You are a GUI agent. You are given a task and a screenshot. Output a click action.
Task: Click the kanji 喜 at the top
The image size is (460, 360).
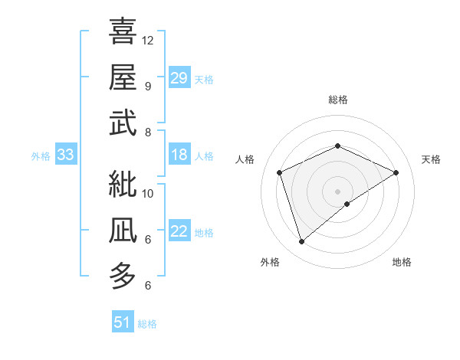(x=123, y=31)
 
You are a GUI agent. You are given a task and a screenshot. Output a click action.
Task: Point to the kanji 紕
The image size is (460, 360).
(x=123, y=185)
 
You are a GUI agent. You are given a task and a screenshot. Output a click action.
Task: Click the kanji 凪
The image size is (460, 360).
(x=123, y=231)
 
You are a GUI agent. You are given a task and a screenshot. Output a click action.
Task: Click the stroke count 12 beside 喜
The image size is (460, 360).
(x=148, y=40)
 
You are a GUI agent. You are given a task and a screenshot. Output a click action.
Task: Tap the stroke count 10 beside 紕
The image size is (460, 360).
(x=148, y=193)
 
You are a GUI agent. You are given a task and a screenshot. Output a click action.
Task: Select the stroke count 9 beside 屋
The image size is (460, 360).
(x=147, y=86)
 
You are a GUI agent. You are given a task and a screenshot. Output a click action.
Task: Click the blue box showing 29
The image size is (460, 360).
(x=179, y=78)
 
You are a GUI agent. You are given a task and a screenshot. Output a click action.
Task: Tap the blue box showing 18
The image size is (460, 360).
(x=179, y=155)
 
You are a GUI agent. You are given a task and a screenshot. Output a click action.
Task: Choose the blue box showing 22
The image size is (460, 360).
(x=179, y=232)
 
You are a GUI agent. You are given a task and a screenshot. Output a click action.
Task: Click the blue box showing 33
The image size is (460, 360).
(x=65, y=155)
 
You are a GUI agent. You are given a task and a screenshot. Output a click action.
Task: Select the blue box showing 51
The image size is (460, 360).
(x=122, y=322)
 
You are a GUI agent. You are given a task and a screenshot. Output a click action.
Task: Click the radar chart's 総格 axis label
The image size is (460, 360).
(x=337, y=100)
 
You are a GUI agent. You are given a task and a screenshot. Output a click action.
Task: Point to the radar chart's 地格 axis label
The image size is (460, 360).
(x=402, y=262)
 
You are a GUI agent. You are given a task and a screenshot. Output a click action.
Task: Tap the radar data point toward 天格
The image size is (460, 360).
(x=396, y=172)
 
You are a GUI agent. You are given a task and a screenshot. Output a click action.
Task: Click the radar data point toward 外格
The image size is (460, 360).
(x=301, y=242)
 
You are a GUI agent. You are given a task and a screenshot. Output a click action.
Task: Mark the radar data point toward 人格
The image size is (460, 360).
(x=280, y=172)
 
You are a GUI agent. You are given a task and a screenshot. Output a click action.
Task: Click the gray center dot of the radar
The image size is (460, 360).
(x=337, y=191)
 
